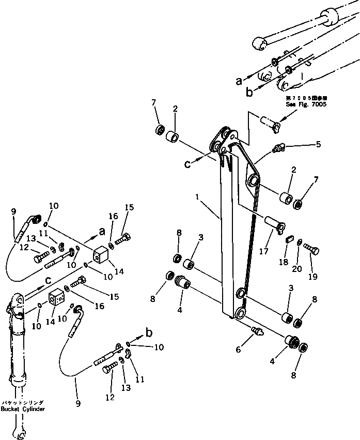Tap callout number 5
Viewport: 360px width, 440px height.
click(x=318, y=144)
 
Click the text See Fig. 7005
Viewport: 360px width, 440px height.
click(x=306, y=103)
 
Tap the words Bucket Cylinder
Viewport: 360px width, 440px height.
click(x=23, y=409)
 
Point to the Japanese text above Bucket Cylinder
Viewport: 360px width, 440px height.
click(x=23, y=402)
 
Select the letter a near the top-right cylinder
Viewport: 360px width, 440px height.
click(x=238, y=81)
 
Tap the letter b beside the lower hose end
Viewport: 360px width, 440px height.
click(x=149, y=332)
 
